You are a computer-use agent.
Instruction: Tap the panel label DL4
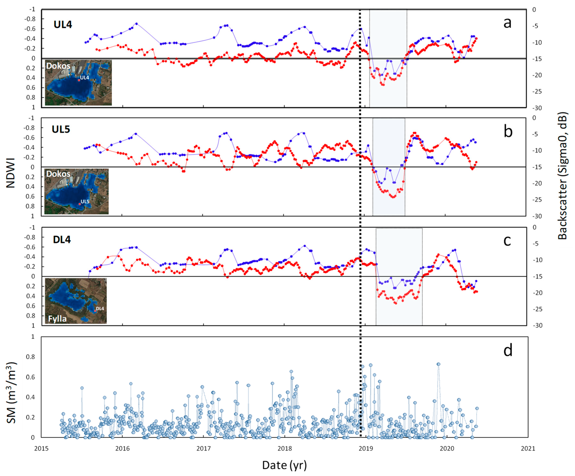click(62, 240)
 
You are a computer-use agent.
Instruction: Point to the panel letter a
click(507, 23)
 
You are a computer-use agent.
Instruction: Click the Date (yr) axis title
click(284, 465)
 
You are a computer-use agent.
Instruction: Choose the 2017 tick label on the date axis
click(203, 449)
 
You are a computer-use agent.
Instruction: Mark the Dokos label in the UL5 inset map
click(58, 174)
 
